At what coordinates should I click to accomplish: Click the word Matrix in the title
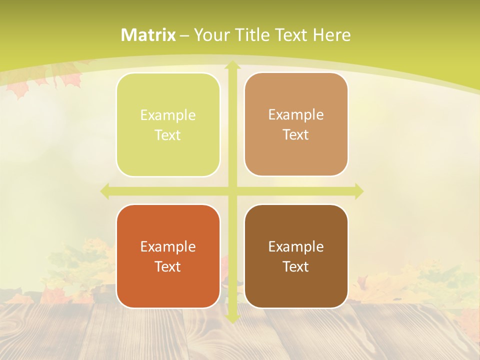148,35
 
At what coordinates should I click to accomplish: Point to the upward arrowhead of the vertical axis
231,65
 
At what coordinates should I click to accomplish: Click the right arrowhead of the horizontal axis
358,191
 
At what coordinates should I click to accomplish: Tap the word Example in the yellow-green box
168,115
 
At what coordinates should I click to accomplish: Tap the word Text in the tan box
296,134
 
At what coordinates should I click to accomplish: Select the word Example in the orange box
168,246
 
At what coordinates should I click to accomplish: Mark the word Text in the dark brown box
296,266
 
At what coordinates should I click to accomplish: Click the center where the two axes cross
231,191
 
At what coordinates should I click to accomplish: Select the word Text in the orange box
168,266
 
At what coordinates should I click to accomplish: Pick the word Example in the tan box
296,114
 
